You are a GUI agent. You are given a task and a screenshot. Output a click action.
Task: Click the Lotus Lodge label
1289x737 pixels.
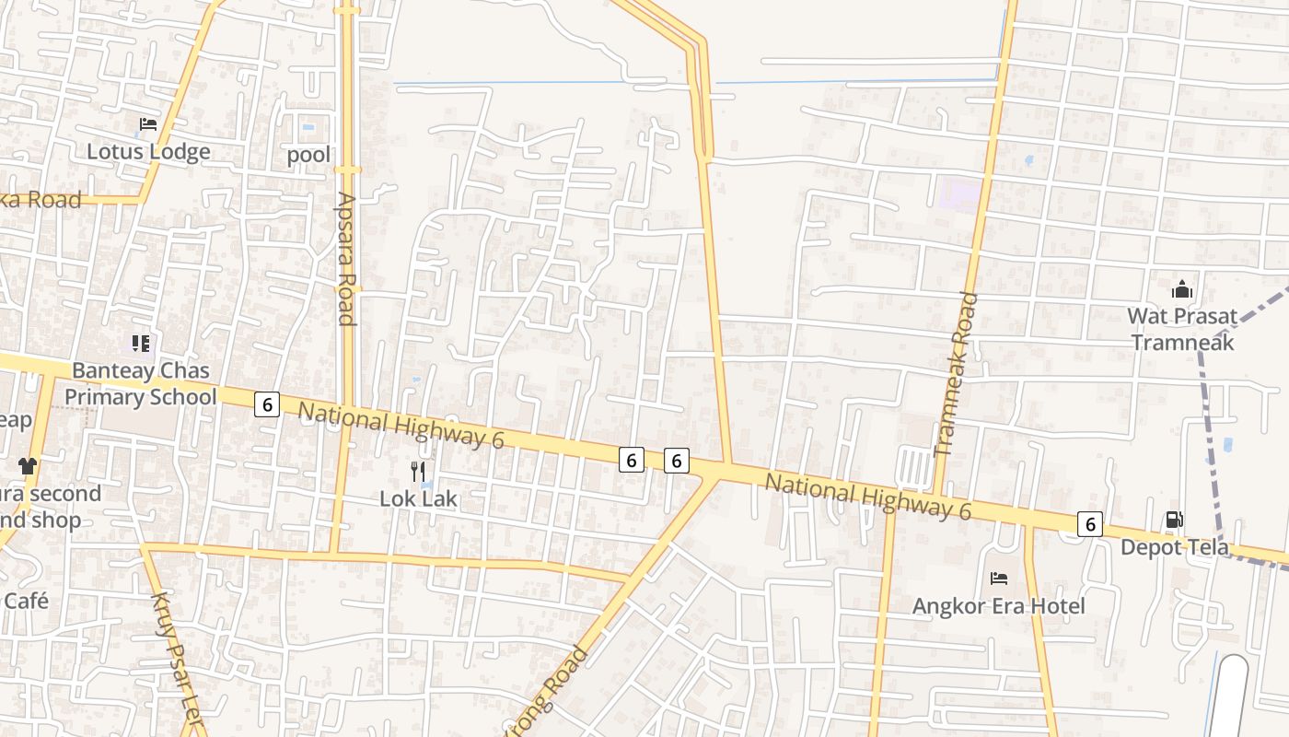[148, 151]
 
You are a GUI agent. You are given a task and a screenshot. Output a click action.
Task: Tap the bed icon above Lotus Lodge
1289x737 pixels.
[148, 123]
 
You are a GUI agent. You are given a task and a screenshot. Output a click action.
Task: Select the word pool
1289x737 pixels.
[308, 154]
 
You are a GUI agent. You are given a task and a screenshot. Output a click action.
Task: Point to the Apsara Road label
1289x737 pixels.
[346, 259]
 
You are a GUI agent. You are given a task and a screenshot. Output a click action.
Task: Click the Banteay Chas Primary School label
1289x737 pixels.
[140, 383]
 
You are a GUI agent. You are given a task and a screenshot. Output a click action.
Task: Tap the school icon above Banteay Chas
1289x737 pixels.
[140, 344]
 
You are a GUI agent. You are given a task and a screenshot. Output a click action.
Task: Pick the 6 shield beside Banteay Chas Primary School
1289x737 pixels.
[267, 404]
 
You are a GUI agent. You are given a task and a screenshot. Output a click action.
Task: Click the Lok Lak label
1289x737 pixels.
[419, 498]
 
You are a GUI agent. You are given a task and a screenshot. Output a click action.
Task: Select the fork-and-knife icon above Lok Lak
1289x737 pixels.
[419, 472]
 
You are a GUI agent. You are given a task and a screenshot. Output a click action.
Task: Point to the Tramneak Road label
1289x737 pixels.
[956, 374]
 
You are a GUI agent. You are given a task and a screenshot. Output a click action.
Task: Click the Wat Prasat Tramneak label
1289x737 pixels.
[1182, 329]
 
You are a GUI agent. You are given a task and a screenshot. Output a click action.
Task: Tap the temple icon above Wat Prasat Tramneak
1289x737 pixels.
[1182, 289]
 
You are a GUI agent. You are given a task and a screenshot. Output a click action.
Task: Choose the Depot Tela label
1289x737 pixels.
[1174, 547]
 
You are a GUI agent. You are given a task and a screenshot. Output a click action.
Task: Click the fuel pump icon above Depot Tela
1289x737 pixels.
[1174, 520]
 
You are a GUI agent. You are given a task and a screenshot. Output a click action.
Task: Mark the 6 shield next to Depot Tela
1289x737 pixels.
[1090, 524]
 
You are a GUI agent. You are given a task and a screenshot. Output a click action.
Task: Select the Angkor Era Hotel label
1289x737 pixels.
[998, 605]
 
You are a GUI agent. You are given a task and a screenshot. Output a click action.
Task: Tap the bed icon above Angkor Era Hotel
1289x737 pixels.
[998, 579]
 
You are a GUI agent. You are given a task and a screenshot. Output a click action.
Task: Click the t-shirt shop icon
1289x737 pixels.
[28, 466]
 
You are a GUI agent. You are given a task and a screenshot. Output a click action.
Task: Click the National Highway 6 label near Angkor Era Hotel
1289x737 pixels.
[868, 497]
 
